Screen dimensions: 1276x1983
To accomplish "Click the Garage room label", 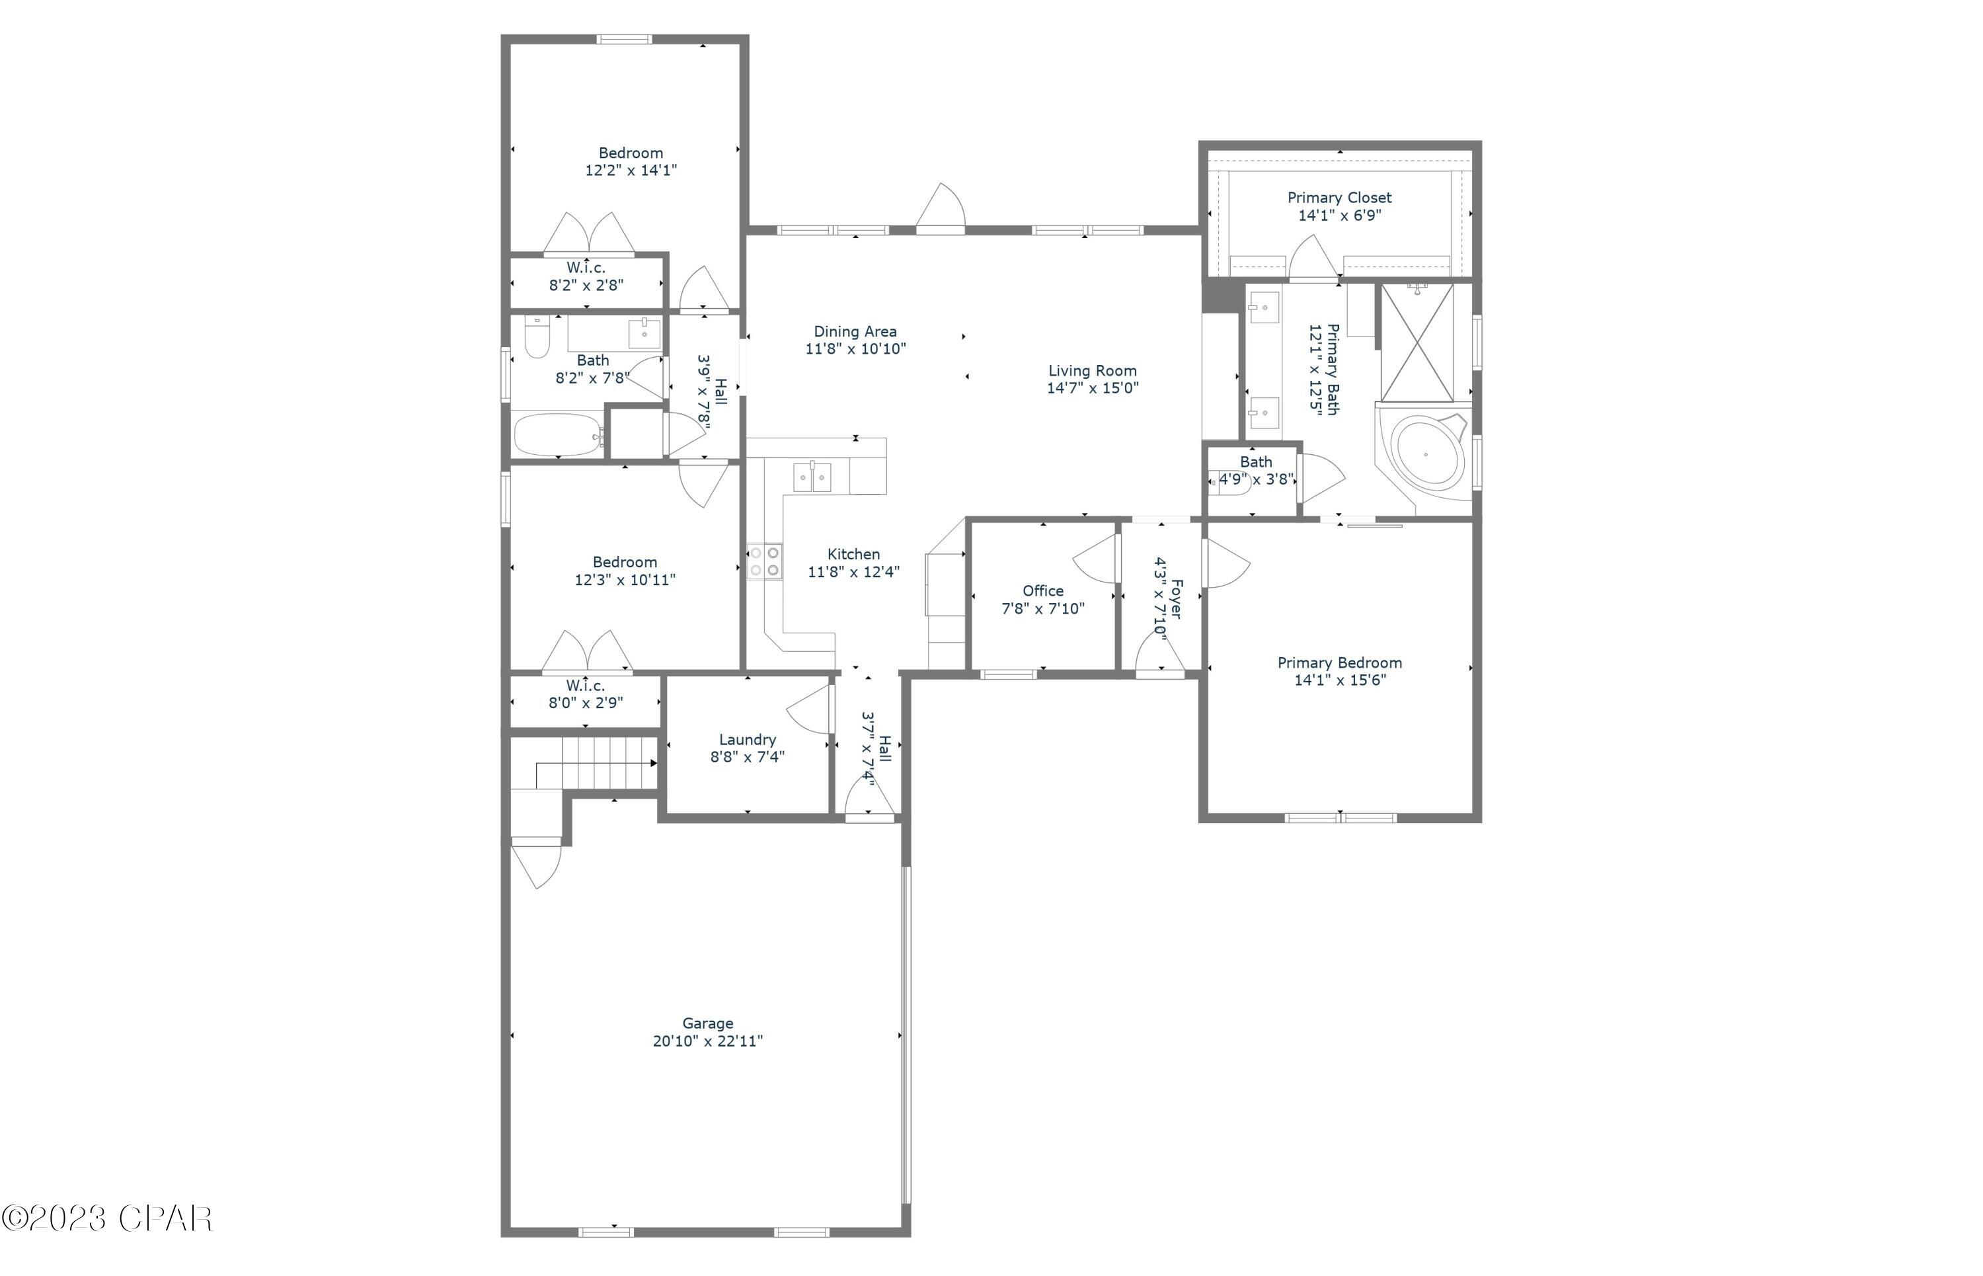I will (x=707, y=1023).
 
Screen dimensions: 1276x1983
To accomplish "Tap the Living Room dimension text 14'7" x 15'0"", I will (x=1093, y=388).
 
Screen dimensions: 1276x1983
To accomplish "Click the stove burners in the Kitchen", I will (x=763, y=561).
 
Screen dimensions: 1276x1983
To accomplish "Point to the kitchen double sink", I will (x=812, y=478).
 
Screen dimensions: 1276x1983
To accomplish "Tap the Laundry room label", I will (x=747, y=739).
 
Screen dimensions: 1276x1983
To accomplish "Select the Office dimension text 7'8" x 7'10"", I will (x=1043, y=608).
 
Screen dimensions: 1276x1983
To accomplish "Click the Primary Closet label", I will (x=1339, y=197).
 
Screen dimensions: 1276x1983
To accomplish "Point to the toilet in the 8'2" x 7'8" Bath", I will (x=537, y=339).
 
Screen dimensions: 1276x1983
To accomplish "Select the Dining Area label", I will (x=855, y=331).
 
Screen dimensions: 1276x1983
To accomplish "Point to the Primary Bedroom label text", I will (x=1339, y=663).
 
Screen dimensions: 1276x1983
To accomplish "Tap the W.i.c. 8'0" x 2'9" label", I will (x=586, y=694).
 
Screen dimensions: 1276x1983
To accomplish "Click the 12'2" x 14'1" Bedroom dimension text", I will (x=631, y=171).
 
